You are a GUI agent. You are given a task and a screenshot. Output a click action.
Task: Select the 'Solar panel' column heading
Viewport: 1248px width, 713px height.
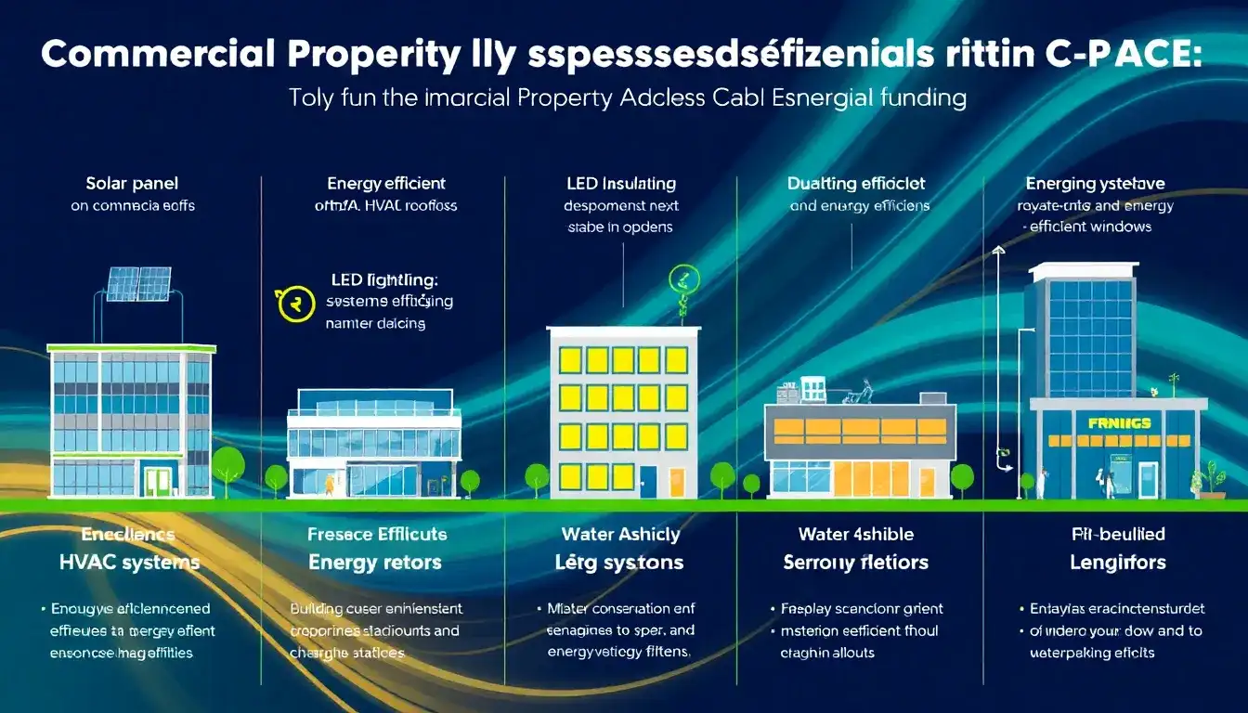pos(132,184)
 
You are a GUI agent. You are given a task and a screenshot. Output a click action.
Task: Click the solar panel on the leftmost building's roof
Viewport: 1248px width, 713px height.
pos(138,283)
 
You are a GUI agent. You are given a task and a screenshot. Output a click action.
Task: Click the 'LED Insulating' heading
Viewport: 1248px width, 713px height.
pos(620,184)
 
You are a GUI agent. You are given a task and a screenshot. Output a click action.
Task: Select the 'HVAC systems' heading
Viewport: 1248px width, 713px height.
pos(129,562)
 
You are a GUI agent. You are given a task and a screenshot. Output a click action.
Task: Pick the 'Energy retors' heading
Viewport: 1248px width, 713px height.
pos(375,562)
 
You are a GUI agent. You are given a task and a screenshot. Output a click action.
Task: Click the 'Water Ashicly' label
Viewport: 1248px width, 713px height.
pos(621,534)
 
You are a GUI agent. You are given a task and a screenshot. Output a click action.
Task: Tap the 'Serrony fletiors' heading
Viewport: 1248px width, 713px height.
pos(856,562)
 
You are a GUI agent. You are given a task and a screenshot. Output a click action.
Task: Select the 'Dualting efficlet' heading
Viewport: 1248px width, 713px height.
pos(856,184)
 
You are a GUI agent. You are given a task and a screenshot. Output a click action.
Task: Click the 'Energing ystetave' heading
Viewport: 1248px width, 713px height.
pos(1095,184)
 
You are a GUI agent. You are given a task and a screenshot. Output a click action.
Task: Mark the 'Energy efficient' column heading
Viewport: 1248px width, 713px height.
pos(386,184)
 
